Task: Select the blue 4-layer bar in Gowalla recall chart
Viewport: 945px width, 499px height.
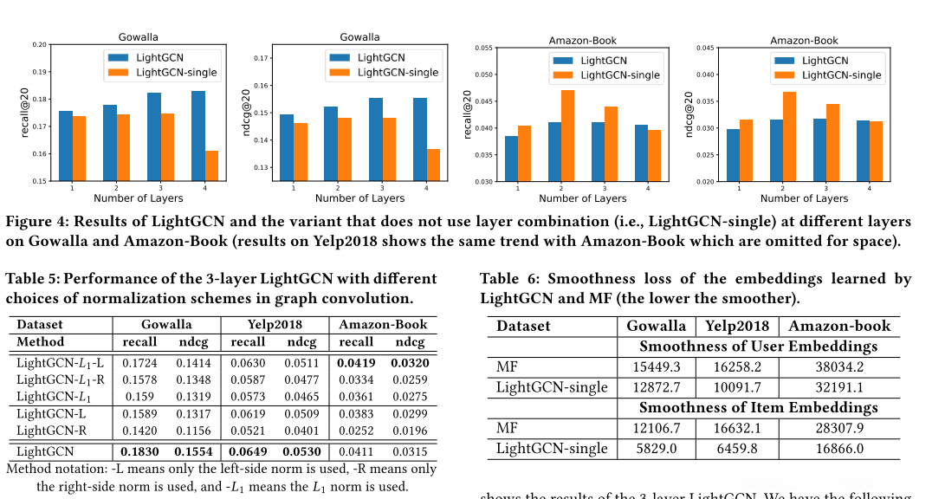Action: click(x=198, y=136)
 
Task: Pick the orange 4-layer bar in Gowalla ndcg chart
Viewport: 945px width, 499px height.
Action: click(x=432, y=165)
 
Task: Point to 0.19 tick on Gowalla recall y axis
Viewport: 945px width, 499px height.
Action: click(x=40, y=71)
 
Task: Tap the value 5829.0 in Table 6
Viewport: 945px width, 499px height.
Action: click(x=654, y=449)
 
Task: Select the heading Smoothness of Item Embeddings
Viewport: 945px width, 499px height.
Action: click(x=758, y=407)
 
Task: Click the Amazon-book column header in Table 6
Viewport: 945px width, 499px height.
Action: click(x=839, y=326)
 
